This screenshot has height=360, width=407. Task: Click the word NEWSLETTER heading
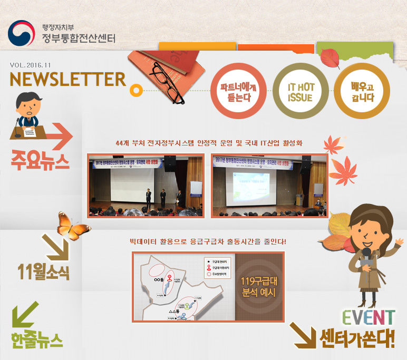(67, 79)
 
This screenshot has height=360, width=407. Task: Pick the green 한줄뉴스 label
(36, 339)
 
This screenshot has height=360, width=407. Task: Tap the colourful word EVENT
(368, 317)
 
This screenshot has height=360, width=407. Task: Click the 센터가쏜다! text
(357, 338)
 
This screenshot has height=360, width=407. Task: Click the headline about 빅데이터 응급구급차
(208, 242)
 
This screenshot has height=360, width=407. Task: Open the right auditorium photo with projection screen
(269, 186)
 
